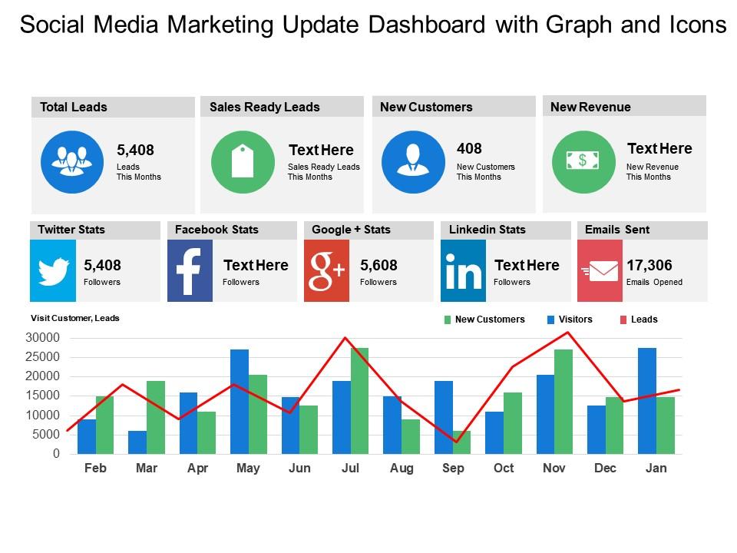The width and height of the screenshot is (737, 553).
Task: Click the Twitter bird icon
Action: tap(53, 270)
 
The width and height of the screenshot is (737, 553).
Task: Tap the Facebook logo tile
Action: tap(190, 270)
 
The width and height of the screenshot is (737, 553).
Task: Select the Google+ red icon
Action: tap(326, 270)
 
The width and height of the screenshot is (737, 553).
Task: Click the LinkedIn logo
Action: tap(463, 270)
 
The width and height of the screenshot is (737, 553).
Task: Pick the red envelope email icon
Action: tap(600, 270)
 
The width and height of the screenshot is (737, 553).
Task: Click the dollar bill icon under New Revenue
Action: tap(583, 161)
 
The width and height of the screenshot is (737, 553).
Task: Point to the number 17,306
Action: tap(649, 266)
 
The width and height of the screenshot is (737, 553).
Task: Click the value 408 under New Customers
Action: tap(469, 148)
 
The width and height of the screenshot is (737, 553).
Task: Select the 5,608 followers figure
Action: tap(378, 266)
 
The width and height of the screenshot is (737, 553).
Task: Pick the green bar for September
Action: tap(461, 442)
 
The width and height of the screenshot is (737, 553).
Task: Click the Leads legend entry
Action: tap(643, 320)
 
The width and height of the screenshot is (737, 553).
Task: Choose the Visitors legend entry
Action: tap(574, 320)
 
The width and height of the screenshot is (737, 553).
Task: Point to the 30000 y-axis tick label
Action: tap(42, 338)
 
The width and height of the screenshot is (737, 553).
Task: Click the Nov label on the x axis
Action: tap(554, 469)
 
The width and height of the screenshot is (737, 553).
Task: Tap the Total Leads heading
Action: tap(74, 108)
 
